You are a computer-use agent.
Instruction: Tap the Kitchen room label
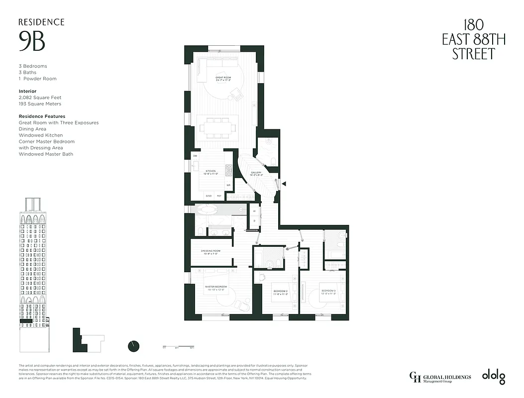coord(210,172)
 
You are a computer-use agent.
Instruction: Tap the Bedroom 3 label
coord(328,292)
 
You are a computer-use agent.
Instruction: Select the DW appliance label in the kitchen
coord(196,156)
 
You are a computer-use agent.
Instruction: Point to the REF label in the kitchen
coord(219,196)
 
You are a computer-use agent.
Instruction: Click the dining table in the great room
coord(217,126)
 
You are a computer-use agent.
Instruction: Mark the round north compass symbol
coord(133,346)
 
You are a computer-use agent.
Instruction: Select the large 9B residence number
coord(32,41)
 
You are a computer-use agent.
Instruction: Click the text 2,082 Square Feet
coord(40,98)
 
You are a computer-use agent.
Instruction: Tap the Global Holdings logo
coord(440,378)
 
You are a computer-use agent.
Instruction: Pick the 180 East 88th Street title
coord(473,39)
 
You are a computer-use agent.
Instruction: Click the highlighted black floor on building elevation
coord(26,321)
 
